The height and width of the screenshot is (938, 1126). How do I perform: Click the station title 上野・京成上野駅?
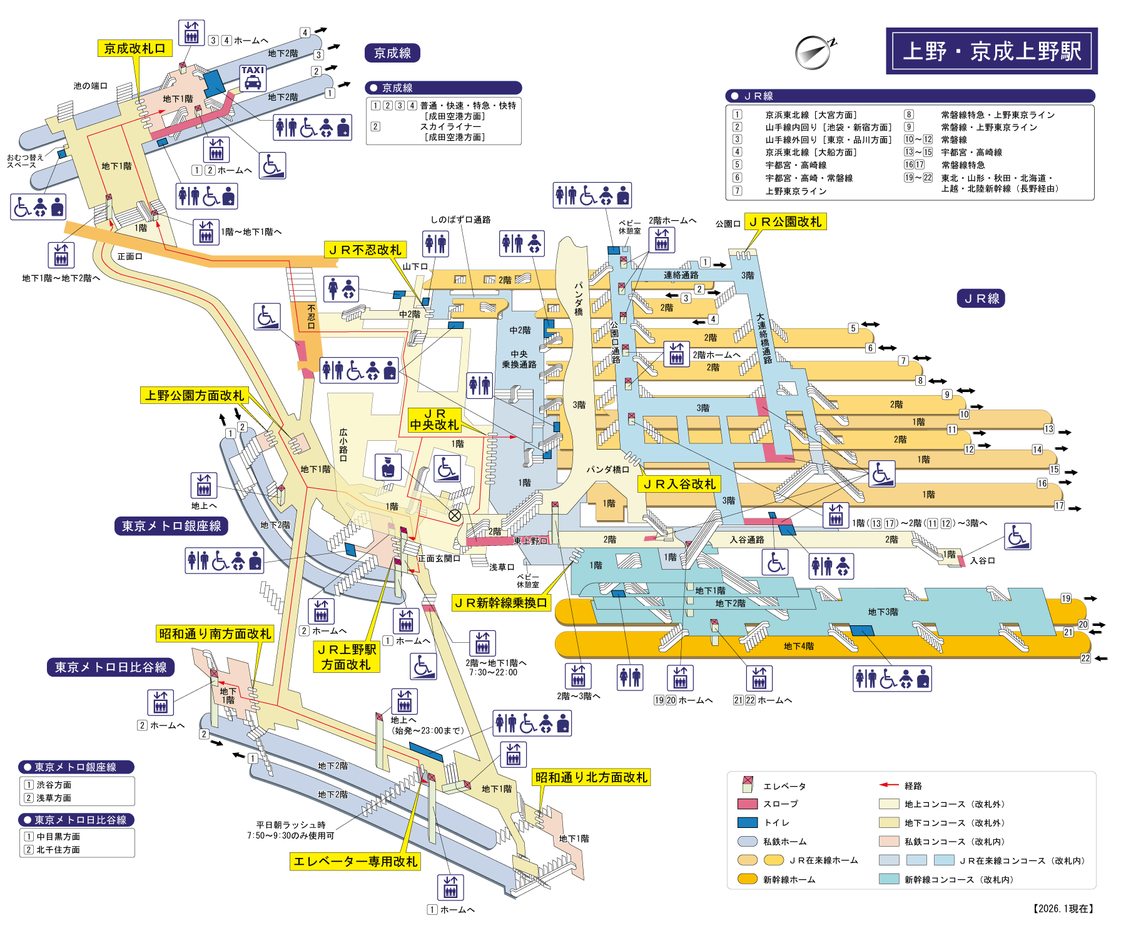[x=992, y=51]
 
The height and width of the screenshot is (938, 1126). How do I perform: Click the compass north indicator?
[x=814, y=52]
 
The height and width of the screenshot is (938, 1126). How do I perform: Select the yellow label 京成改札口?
[x=134, y=48]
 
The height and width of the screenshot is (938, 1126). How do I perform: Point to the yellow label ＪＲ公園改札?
[x=785, y=221]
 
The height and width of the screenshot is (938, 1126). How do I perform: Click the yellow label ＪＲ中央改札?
[x=434, y=420]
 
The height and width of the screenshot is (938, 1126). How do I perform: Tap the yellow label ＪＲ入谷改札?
[x=679, y=483]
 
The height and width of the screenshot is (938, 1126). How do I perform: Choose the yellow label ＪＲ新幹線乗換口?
[x=501, y=602]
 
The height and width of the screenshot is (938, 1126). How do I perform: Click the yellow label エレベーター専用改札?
[x=355, y=861]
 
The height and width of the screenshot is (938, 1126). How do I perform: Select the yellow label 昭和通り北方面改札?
[x=591, y=777]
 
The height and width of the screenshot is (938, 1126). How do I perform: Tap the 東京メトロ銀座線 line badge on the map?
[x=171, y=526]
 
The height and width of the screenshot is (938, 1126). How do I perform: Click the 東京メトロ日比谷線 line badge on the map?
[x=111, y=667]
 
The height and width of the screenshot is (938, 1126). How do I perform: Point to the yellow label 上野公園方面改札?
[x=195, y=395]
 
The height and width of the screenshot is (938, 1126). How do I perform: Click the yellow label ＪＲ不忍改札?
[x=365, y=250]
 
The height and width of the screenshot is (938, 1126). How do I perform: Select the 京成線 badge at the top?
[x=392, y=53]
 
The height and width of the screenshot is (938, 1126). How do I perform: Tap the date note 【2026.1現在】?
[x=1063, y=909]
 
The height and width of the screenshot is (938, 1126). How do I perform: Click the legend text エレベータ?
[x=784, y=786]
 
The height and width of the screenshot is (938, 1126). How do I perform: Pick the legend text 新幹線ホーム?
[x=789, y=879]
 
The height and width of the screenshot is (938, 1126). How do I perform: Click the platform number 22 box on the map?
[x=1085, y=658]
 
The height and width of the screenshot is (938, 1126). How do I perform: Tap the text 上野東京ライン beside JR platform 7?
[x=796, y=191]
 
